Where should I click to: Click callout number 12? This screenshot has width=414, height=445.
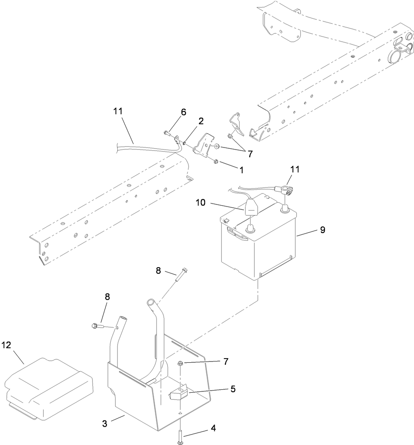click(x=7, y=345)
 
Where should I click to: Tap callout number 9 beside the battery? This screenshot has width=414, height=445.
click(x=322, y=229)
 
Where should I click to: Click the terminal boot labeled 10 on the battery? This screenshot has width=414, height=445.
click(x=251, y=208)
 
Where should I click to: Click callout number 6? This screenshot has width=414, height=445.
click(x=183, y=112)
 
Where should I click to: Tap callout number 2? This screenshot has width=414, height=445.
click(x=201, y=121)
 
